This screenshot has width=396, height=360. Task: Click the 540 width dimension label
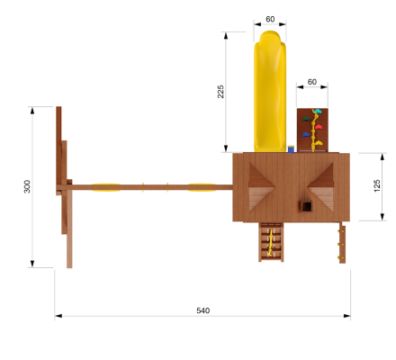(x=202, y=310)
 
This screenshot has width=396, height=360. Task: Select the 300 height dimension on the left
(x=27, y=186)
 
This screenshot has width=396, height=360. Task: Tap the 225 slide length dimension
(x=220, y=92)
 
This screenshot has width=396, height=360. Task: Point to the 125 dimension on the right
(x=376, y=185)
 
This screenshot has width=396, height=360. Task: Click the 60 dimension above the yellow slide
(x=270, y=19)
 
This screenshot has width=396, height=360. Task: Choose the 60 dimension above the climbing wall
(x=312, y=82)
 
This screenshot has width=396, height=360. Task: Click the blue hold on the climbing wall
(x=306, y=135)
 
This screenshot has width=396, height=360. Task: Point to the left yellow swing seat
(x=107, y=187)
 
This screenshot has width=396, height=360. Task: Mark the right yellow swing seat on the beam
(x=201, y=187)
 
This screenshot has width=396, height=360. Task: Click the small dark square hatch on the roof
(x=306, y=206)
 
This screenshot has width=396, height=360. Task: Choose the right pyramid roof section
(x=322, y=184)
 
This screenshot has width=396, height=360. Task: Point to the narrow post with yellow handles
(x=341, y=243)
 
